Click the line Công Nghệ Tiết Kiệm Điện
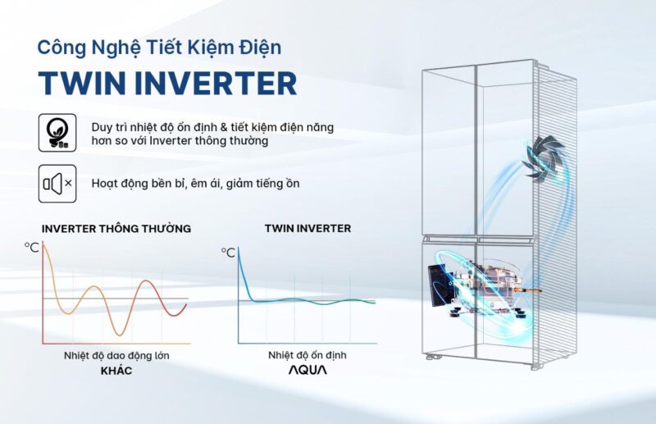pos(159,48)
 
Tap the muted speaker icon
pos(57,183)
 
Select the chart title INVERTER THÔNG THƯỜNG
pos(116,229)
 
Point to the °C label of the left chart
pos(32,246)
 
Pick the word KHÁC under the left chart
pos(116,371)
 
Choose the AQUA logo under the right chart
pos(307,371)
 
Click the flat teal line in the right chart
pos(312,301)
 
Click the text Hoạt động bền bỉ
pos(126,184)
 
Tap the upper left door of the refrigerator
pos(449,152)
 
